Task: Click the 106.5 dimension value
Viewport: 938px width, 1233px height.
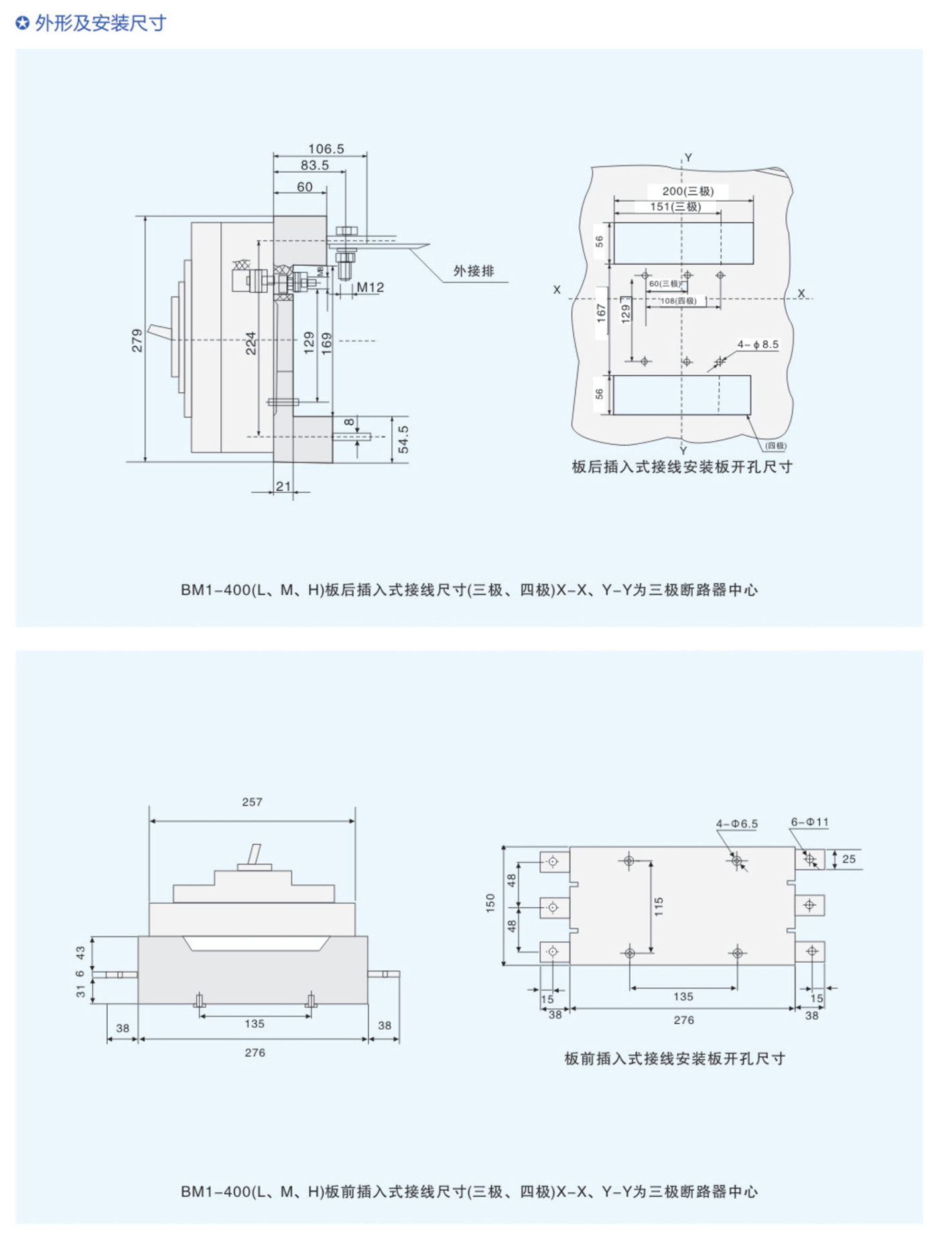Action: tap(326, 149)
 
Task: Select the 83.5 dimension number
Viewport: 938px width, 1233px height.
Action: tap(314, 165)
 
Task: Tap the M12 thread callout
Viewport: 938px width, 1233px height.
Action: tap(370, 287)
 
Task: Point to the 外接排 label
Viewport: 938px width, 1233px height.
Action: tap(474, 271)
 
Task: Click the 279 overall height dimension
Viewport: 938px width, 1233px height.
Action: tap(137, 340)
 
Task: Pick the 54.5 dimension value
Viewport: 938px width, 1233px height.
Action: tap(403, 439)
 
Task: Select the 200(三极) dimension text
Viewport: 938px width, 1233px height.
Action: tap(687, 191)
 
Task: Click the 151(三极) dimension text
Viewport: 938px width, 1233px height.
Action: tap(675, 207)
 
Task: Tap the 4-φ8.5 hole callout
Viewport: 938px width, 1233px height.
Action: tap(758, 345)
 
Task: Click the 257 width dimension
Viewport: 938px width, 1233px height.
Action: tap(252, 802)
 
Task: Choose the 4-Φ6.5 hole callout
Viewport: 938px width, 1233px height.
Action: tap(736, 823)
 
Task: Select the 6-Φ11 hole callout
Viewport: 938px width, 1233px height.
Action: tap(809, 822)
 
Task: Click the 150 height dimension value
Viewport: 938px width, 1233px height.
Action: tap(490, 902)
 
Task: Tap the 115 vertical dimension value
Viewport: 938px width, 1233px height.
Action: tap(659, 906)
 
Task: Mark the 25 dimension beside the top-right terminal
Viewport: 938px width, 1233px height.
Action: tap(848, 859)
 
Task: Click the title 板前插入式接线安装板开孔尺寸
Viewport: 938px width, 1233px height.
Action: tap(674, 1059)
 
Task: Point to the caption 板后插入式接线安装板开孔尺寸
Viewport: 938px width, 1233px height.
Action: tap(681, 467)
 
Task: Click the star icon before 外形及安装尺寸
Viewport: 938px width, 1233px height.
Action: tap(22, 23)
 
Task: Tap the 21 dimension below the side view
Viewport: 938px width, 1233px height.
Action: tap(283, 485)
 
